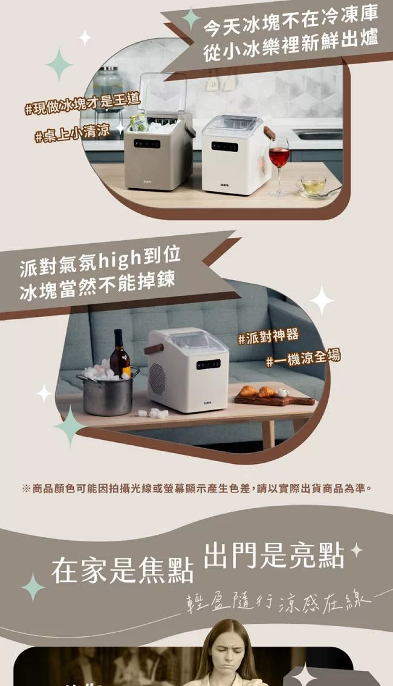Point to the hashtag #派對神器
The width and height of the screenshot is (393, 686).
point(268,337)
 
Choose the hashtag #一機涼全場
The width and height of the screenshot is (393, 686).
point(303,358)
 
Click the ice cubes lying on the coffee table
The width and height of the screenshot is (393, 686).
point(152,413)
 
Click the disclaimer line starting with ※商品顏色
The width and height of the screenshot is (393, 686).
point(197,488)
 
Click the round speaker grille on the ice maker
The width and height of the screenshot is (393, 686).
point(157,379)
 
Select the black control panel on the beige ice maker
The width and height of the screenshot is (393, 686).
point(147,143)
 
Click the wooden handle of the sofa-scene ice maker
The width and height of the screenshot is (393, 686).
point(154,348)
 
